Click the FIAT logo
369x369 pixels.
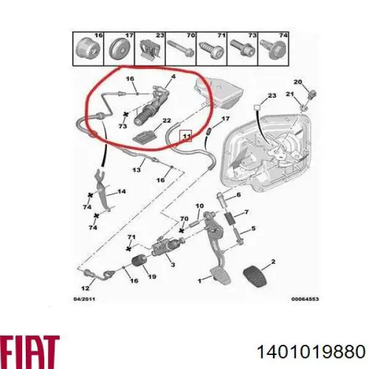(30, 352)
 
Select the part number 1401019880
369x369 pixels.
(311, 352)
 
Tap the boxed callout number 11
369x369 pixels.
(186, 136)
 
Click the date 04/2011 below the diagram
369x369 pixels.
(84, 299)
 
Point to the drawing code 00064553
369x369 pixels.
(305, 299)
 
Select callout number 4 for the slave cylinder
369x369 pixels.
(173, 76)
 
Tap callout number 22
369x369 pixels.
(167, 121)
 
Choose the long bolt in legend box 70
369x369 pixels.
(180, 49)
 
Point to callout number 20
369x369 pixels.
(298, 82)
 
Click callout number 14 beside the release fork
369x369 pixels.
(121, 191)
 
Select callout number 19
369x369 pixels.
(152, 277)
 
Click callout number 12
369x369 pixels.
(85, 288)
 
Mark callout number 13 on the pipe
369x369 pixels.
(137, 170)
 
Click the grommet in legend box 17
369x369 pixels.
(120, 49)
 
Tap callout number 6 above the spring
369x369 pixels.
(239, 195)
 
